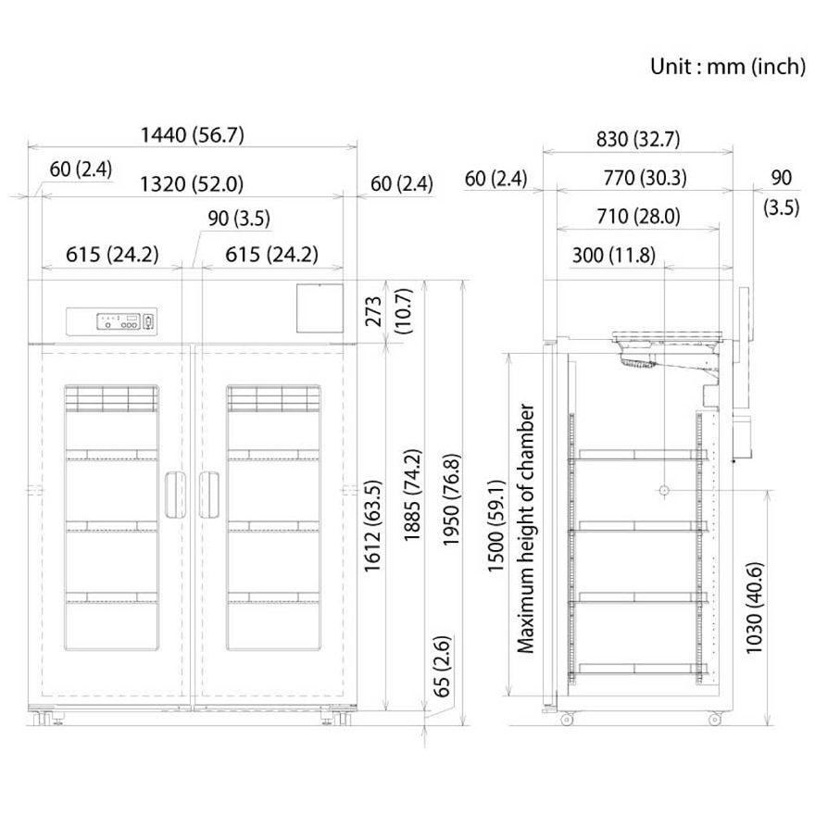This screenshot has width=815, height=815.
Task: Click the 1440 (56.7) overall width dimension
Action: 193,135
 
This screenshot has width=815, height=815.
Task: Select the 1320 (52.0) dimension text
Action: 192,184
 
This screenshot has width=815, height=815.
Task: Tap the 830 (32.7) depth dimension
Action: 638,139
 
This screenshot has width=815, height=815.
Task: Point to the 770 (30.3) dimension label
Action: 645,178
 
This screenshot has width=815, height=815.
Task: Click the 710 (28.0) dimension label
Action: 638,216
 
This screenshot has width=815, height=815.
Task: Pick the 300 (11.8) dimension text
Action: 613,256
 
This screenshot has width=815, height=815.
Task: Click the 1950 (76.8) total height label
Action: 451,500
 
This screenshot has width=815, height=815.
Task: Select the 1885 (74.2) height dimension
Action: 412,495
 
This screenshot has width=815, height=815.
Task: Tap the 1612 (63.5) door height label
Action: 372,527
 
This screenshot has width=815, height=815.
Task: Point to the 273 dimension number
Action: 374,311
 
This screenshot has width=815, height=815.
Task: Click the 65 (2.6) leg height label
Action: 441,666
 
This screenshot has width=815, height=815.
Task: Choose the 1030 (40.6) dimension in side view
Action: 754,608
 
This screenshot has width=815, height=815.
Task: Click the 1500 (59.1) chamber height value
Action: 495,526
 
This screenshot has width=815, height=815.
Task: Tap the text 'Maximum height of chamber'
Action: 525,528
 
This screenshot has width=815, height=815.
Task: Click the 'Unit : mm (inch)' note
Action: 728,67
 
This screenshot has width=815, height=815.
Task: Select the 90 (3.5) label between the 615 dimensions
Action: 239,219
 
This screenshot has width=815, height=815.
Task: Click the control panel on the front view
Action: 111,321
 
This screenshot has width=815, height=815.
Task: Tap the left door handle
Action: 176,495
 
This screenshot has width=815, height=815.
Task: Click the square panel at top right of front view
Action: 320,307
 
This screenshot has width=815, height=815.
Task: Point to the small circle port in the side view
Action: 664,490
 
